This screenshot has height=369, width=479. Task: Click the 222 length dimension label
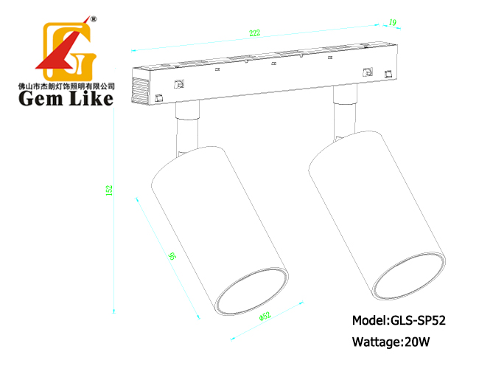pyautogui.click(x=254, y=32)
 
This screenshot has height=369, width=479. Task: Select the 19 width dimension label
pyautogui.click(x=393, y=22)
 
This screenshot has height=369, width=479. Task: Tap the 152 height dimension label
pyautogui.click(x=109, y=190)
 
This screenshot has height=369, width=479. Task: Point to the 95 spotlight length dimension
pyautogui.click(x=172, y=256)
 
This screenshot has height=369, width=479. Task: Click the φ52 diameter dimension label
pyautogui.click(x=265, y=316)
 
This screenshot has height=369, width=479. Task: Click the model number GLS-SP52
pyautogui.click(x=418, y=320)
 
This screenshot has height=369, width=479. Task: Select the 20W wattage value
pyautogui.click(x=416, y=342)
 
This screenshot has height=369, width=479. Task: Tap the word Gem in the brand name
pyautogui.click(x=39, y=98)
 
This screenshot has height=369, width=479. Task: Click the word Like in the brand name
pyautogui.click(x=91, y=98)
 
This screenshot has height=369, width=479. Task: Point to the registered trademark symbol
pyautogui.click(x=94, y=19)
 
